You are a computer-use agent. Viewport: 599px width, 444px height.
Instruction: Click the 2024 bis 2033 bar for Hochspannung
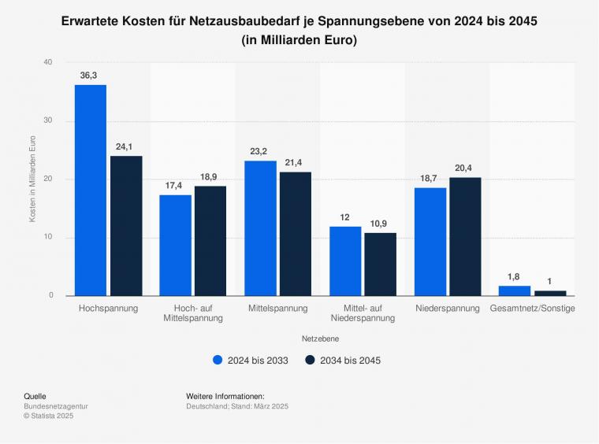click(x=91, y=191)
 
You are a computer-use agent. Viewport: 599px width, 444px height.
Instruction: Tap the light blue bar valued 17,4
click(x=175, y=245)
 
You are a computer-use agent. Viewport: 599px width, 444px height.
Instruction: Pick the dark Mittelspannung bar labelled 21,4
click(x=296, y=234)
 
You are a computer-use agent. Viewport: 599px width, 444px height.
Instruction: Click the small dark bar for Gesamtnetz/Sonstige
click(x=550, y=293)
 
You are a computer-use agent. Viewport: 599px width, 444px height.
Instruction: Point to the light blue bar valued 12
click(x=345, y=261)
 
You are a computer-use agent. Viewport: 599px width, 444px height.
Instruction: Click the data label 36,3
click(x=91, y=76)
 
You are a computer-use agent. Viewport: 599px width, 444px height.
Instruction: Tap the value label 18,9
click(x=210, y=178)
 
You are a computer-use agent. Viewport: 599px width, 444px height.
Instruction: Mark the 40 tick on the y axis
click(x=48, y=62)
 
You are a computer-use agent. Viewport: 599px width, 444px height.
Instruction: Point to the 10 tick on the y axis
click(x=48, y=238)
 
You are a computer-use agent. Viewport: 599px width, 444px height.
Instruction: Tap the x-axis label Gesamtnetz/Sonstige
click(x=532, y=308)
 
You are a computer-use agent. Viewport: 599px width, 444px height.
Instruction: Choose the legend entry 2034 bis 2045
click(x=344, y=361)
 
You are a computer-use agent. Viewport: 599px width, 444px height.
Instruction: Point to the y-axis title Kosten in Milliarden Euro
click(x=32, y=179)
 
